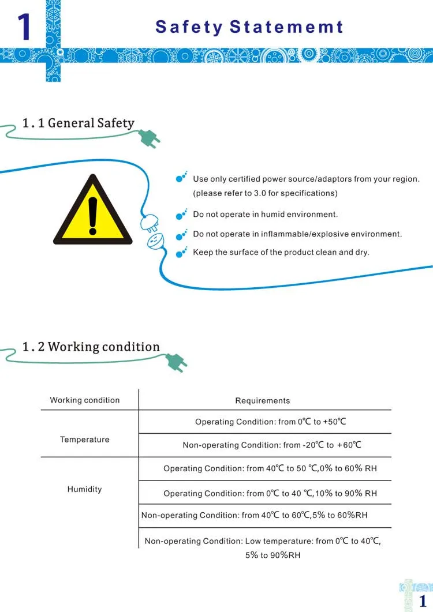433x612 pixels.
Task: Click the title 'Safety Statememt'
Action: tap(249, 27)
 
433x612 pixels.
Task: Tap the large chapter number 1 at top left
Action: tap(24, 27)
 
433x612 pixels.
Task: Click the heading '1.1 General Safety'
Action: tap(78, 123)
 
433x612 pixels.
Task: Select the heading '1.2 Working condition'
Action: tap(91, 347)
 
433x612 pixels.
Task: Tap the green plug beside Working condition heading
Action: tap(176, 362)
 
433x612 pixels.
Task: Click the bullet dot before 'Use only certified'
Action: tap(180, 179)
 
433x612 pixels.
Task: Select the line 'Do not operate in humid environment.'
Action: tap(265, 215)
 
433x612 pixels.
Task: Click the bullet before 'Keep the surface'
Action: tap(180, 253)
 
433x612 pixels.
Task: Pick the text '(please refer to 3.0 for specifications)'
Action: tap(265, 193)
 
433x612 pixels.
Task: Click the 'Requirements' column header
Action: tap(262, 400)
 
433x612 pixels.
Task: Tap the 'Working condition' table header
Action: tap(85, 400)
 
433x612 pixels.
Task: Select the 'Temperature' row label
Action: tap(84, 440)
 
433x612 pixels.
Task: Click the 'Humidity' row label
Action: tap(84, 489)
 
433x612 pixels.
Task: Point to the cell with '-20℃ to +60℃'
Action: tap(272, 445)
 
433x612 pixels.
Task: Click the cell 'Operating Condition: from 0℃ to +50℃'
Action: tap(270, 422)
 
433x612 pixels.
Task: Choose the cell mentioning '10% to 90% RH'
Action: tap(270, 493)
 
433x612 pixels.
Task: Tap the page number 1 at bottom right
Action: tap(422, 600)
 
